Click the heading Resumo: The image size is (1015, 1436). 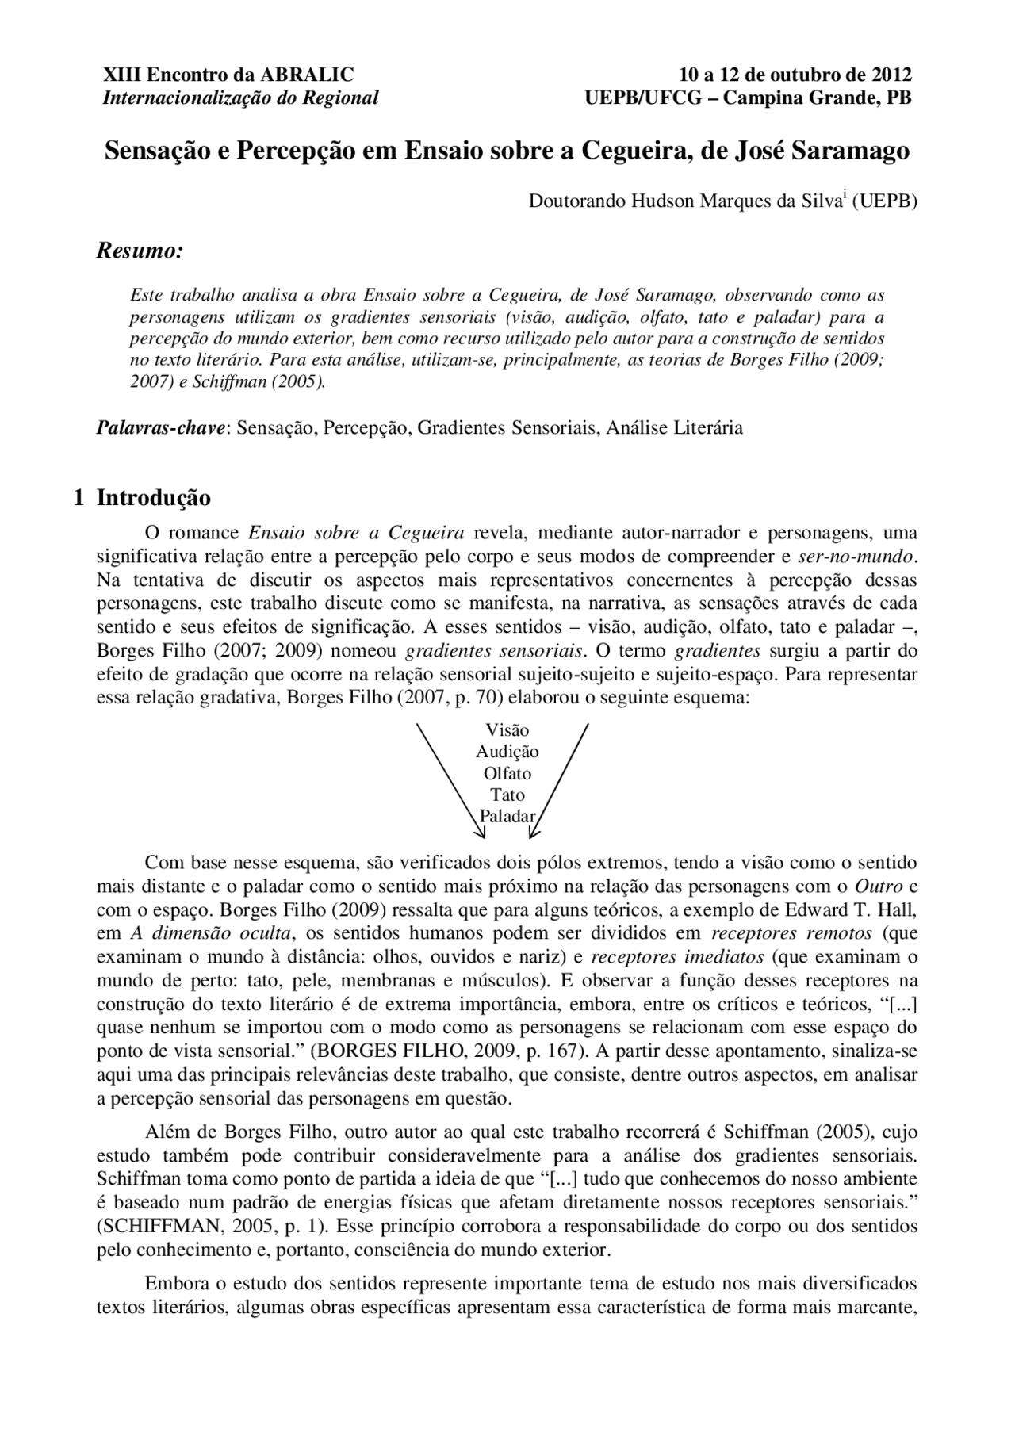pyautogui.click(x=140, y=251)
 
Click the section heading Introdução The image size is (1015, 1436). pyautogui.click(x=154, y=498)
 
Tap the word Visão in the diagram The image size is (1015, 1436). pyautogui.click(x=507, y=730)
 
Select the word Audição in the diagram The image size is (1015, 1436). pyautogui.click(x=507, y=752)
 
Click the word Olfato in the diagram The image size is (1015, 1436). pyautogui.click(x=507, y=773)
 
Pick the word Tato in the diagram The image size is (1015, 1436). pyautogui.click(x=507, y=795)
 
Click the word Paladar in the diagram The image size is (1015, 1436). pyautogui.click(x=507, y=816)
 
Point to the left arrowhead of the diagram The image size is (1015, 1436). pyautogui.click(x=481, y=833)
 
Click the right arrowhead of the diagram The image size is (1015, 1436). pyautogui.click(x=533, y=833)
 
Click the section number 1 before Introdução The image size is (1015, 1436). pyautogui.click(x=79, y=498)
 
